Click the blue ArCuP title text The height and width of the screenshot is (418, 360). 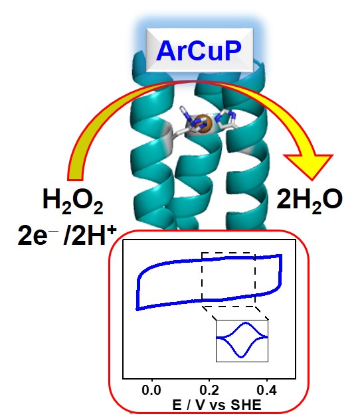coord(199,50)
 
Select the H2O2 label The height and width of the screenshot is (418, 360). coord(72,200)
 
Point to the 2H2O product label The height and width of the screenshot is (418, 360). coord(310,200)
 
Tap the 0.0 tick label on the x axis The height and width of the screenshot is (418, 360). coord(151,390)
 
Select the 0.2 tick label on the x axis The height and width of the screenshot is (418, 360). coord(209,390)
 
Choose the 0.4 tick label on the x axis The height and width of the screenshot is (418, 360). coord(266,390)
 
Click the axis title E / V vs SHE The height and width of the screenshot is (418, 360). coord(217,405)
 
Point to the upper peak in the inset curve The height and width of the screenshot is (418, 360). coord(246,323)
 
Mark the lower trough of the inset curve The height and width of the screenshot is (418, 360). coord(241,357)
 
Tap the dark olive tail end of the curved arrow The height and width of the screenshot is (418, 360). coord(75,176)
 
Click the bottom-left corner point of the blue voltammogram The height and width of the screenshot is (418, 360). coord(137,309)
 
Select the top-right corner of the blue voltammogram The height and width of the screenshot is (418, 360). coord(281,255)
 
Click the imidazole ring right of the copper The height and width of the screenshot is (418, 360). coord(226,119)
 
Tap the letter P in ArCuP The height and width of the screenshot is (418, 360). coord(232,50)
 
